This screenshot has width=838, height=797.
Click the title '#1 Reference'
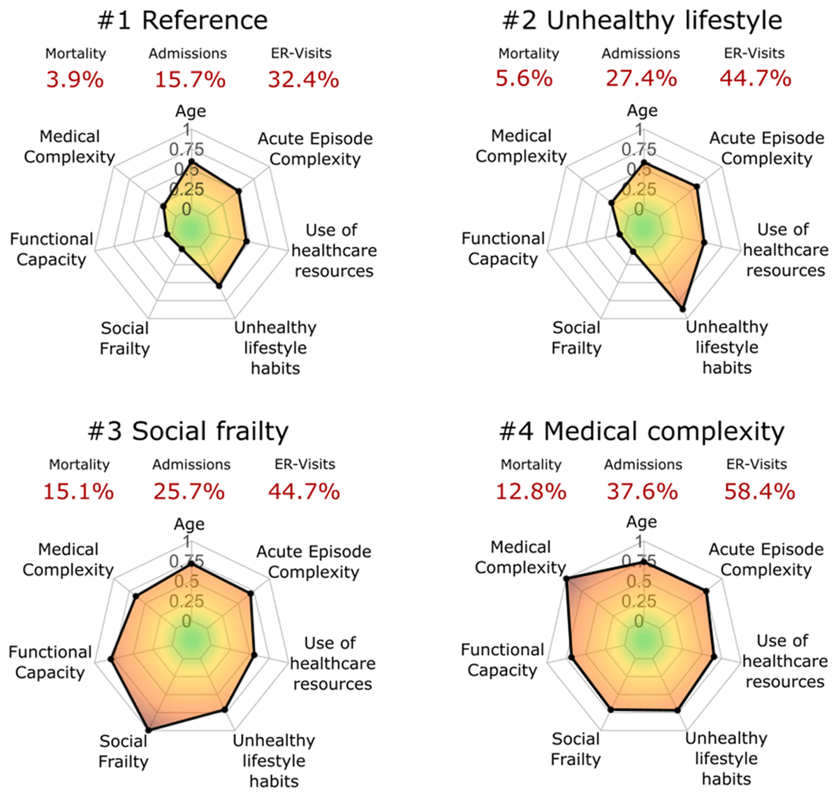click(182, 20)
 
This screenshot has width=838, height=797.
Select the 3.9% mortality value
click(75, 80)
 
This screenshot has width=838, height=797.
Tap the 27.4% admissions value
click(641, 78)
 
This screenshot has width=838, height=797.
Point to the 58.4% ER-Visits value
click(759, 491)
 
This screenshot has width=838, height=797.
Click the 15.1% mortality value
click(78, 491)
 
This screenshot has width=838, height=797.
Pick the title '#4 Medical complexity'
click(642, 431)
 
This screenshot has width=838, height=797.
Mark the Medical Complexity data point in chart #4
click(566, 578)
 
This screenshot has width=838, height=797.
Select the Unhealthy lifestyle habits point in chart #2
click(682, 308)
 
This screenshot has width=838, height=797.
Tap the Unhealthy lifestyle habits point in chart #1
click(219, 285)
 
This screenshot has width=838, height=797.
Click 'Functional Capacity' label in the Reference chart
click(51, 250)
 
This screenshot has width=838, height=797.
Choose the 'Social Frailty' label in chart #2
click(576, 338)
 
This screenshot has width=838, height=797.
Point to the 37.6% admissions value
click(641, 491)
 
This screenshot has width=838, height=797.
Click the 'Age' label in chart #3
click(189, 524)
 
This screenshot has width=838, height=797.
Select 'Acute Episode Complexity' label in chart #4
click(766, 559)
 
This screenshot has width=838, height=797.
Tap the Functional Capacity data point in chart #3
click(110, 659)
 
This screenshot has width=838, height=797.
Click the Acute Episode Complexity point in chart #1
click(239, 190)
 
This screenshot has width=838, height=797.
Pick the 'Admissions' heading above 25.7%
click(191, 464)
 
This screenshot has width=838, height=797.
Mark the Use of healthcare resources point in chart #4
click(714, 656)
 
